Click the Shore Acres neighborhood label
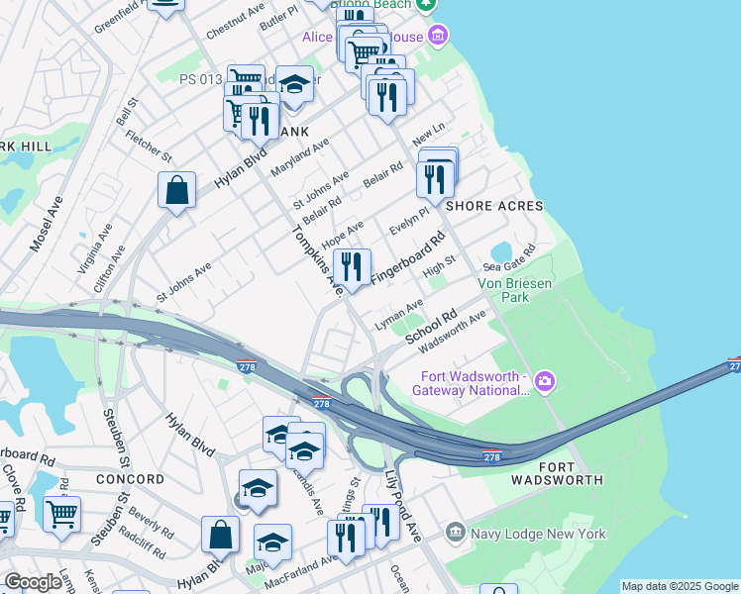tap(494, 206)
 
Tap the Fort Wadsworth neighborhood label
tap(557, 472)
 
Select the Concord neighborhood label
tap(131, 479)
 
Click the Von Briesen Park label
tap(515, 289)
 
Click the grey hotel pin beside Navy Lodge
tap(456, 533)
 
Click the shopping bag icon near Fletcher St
tap(175, 192)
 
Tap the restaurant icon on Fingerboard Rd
tap(351, 267)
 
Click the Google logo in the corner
tap(33, 582)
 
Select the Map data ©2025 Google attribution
tap(680, 586)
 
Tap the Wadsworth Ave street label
tap(453, 333)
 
